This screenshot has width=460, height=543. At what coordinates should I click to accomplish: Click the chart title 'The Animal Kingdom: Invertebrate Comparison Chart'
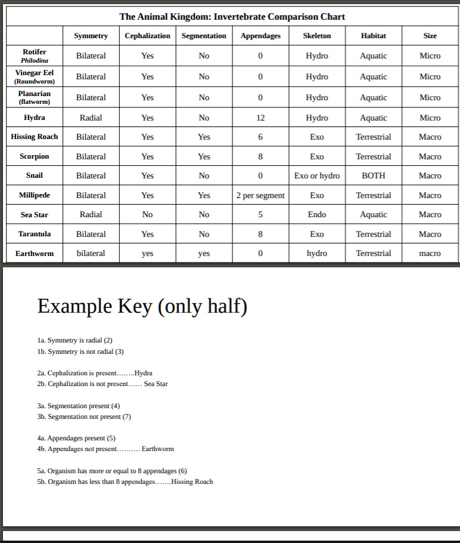[x=232, y=16]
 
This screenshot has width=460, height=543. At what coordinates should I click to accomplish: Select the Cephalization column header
[x=147, y=36]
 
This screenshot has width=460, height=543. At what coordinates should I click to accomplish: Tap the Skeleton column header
[x=316, y=36]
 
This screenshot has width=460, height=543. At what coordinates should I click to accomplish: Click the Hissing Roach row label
[x=35, y=137]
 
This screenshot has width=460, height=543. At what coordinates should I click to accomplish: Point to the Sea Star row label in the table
[x=35, y=214]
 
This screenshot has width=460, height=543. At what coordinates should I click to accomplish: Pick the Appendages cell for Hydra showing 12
[x=260, y=118]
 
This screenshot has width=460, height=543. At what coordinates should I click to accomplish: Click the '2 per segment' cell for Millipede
[x=260, y=195]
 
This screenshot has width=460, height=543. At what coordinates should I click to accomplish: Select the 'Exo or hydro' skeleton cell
[x=316, y=175]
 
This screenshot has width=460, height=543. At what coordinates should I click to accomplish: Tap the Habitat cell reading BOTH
[x=373, y=175]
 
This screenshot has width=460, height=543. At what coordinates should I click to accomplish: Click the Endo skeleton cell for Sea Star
[x=316, y=214]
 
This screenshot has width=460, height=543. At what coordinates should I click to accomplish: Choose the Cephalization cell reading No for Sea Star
[x=147, y=214]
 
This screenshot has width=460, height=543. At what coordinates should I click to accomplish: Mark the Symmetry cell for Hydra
[x=91, y=118]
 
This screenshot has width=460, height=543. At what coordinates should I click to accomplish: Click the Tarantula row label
[x=35, y=234]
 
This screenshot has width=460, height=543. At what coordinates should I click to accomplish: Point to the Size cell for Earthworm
[x=430, y=253]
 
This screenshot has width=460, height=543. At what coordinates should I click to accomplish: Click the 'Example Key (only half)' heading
[x=142, y=306]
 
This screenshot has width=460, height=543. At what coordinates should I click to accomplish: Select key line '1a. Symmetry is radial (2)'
[x=74, y=340]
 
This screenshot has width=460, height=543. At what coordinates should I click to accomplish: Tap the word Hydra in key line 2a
[x=144, y=373]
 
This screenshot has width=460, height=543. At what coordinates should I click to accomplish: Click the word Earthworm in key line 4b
[x=157, y=449]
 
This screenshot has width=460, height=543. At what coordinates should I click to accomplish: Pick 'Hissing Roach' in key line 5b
[x=192, y=482]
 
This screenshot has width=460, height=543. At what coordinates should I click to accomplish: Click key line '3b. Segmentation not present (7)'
[x=84, y=416]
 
